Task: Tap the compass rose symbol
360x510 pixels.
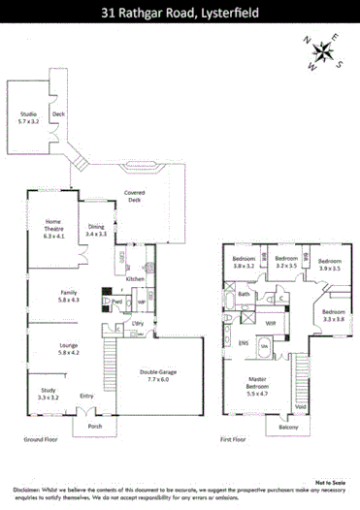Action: coord(326,54)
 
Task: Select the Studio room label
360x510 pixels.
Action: coord(29,120)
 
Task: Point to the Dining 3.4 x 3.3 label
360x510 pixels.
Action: coord(97,231)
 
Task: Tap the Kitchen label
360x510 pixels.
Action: coord(135,278)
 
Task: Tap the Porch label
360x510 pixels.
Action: coord(94,426)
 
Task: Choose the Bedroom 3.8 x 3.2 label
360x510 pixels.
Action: coord(243,262)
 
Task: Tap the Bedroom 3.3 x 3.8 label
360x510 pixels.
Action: coord(334,315)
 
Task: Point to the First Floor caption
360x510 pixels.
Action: coord(233,439)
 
